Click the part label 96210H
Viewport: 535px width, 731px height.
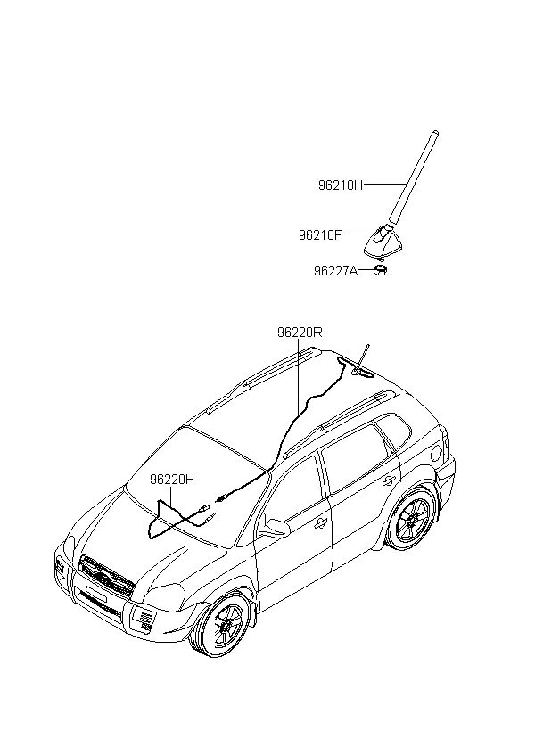[341, 185]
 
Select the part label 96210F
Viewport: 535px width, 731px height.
[320, 234]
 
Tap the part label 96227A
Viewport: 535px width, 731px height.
[336, 270]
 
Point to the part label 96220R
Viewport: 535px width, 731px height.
[300, 333]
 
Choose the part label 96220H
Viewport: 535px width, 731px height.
[172, 480]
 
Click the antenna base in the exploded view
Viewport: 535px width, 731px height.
[383, 242]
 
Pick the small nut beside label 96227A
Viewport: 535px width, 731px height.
[381, 270]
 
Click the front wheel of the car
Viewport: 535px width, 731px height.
[226, 626]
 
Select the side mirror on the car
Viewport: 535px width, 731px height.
[275, 527]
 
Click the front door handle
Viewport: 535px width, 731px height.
[320, 524]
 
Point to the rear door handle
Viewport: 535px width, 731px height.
[389, 480]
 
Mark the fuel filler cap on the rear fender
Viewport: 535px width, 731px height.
[438, 452]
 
